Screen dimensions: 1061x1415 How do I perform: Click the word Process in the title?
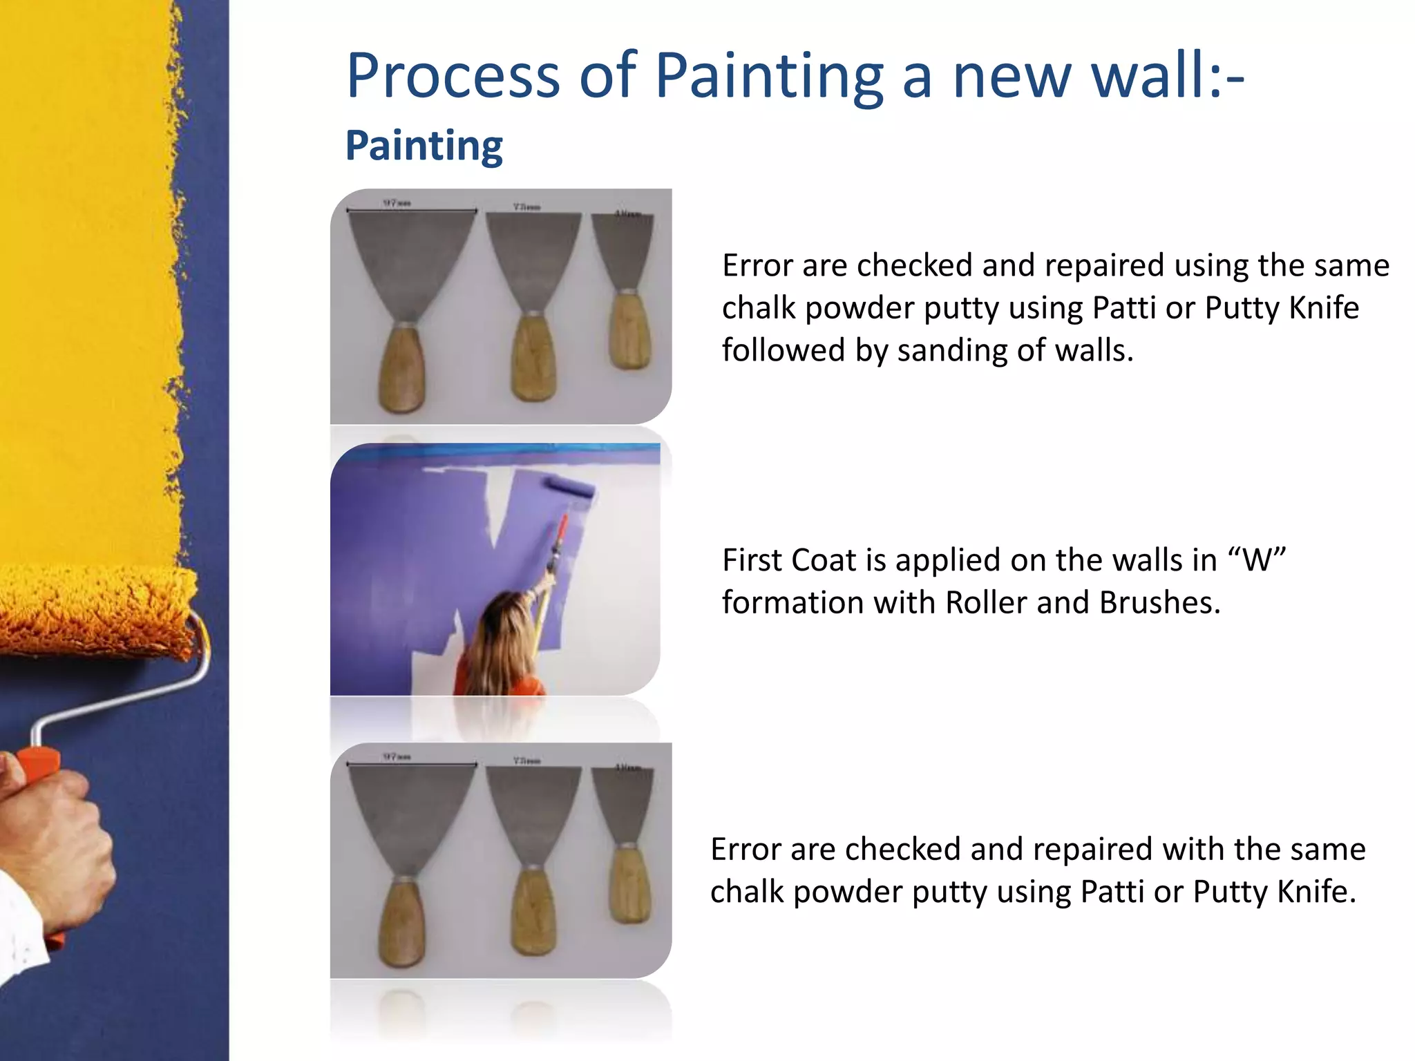click(453, 76)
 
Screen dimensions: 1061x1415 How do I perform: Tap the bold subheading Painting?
click(424, 146)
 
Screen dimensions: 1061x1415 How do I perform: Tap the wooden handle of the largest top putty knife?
click(401, 370)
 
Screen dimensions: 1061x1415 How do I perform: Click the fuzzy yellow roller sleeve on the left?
click(97, 608)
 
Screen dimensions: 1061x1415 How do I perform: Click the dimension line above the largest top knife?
click(412, 210)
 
